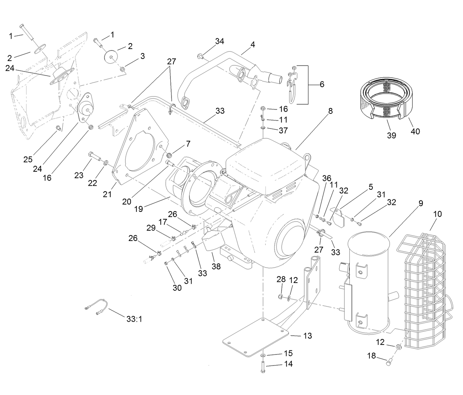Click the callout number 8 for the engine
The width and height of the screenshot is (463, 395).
[x=330, y=111]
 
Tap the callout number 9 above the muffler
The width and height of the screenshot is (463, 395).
[x=420, y=203]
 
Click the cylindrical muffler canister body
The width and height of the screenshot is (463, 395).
[x=368, y=280]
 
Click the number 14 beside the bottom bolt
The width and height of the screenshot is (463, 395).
[x=288, y=364]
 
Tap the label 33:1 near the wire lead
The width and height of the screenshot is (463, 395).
[x=134, y=319]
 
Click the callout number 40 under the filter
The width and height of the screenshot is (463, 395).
[x=415, y=131]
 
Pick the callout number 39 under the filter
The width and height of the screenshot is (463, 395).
[x=391, y=135]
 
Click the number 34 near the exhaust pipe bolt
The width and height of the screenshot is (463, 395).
[x=219, y=41]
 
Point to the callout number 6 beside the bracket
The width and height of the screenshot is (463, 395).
[x=322, y=84]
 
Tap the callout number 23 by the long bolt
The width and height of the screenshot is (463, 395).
[x=79, y=175]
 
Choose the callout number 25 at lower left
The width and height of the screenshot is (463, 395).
[x=28, y=160]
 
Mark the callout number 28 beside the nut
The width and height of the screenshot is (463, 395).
[x=281, y=280]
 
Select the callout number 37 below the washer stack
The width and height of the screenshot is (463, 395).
[x=283, y=130]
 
